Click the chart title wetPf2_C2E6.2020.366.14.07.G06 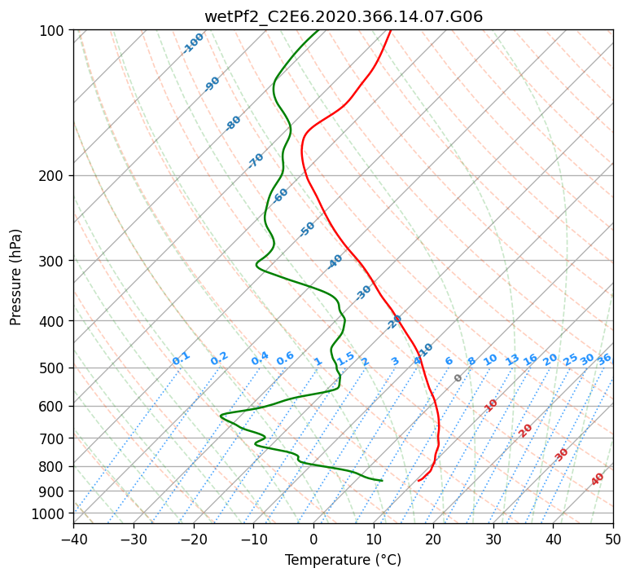coord(344,16)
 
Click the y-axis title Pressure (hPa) coord(15,277)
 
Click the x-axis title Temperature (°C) coord(344,560)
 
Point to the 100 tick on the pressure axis coord(50,30)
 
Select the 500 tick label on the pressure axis coord(50,368)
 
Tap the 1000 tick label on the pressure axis coord(47,513)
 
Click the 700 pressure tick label coord(50,438)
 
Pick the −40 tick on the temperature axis coord(73,540)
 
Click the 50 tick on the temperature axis coord(613,540)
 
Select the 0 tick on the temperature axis coord(313,540)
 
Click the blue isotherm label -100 coord(193,43)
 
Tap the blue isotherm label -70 coord(256,161)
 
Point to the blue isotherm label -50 coord(307,229)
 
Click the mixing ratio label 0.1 coord(181,359)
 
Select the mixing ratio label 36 coord(604,359)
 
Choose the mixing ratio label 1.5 coord(346,359)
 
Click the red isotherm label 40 coord(597,479)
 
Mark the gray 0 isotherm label coord(458,378)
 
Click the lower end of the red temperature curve coord(418,480)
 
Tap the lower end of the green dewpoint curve coord(382,480)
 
